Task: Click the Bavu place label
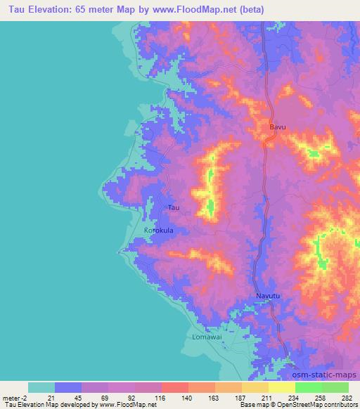[x=278, y=127]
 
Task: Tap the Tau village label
[x=174, y=207]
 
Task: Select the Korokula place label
[x=158, y=230]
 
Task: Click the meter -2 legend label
[x=15, y=398]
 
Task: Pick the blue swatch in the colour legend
[x=68, y=387]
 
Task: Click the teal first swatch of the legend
[x=41, y=387]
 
